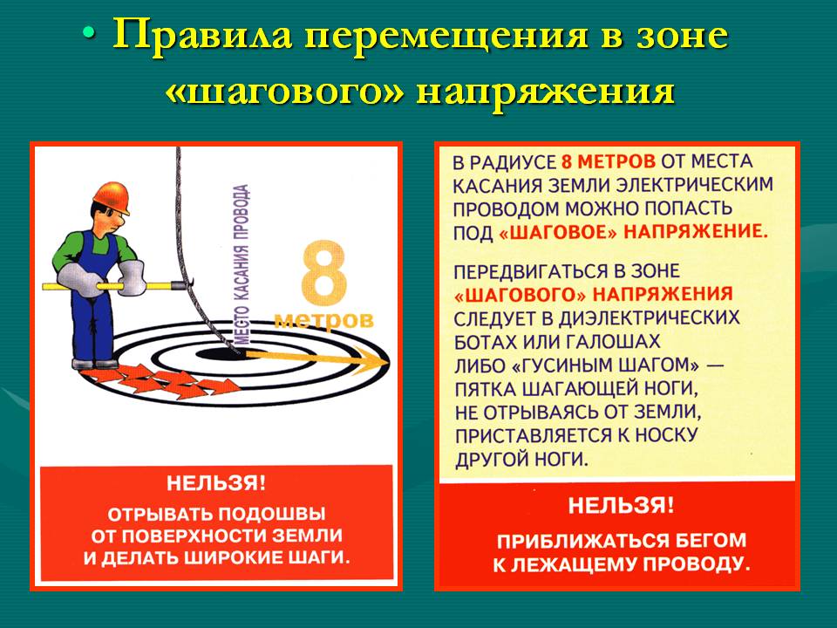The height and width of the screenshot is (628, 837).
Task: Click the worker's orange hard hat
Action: tap(111, 196)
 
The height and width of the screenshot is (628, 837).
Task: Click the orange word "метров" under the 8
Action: tap(324, 319)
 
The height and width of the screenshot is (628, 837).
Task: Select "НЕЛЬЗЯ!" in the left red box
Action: tap(215, 483)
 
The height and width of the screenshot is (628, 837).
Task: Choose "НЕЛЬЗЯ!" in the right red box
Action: tap(620, 505)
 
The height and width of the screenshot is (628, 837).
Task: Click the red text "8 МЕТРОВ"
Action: tap(608, 161)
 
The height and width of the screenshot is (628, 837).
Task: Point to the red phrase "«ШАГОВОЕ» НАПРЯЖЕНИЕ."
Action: tap(633, 233)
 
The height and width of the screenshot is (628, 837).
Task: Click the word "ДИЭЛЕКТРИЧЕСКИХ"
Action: tap(649, 318)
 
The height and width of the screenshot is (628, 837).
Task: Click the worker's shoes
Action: tap(95, 364)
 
